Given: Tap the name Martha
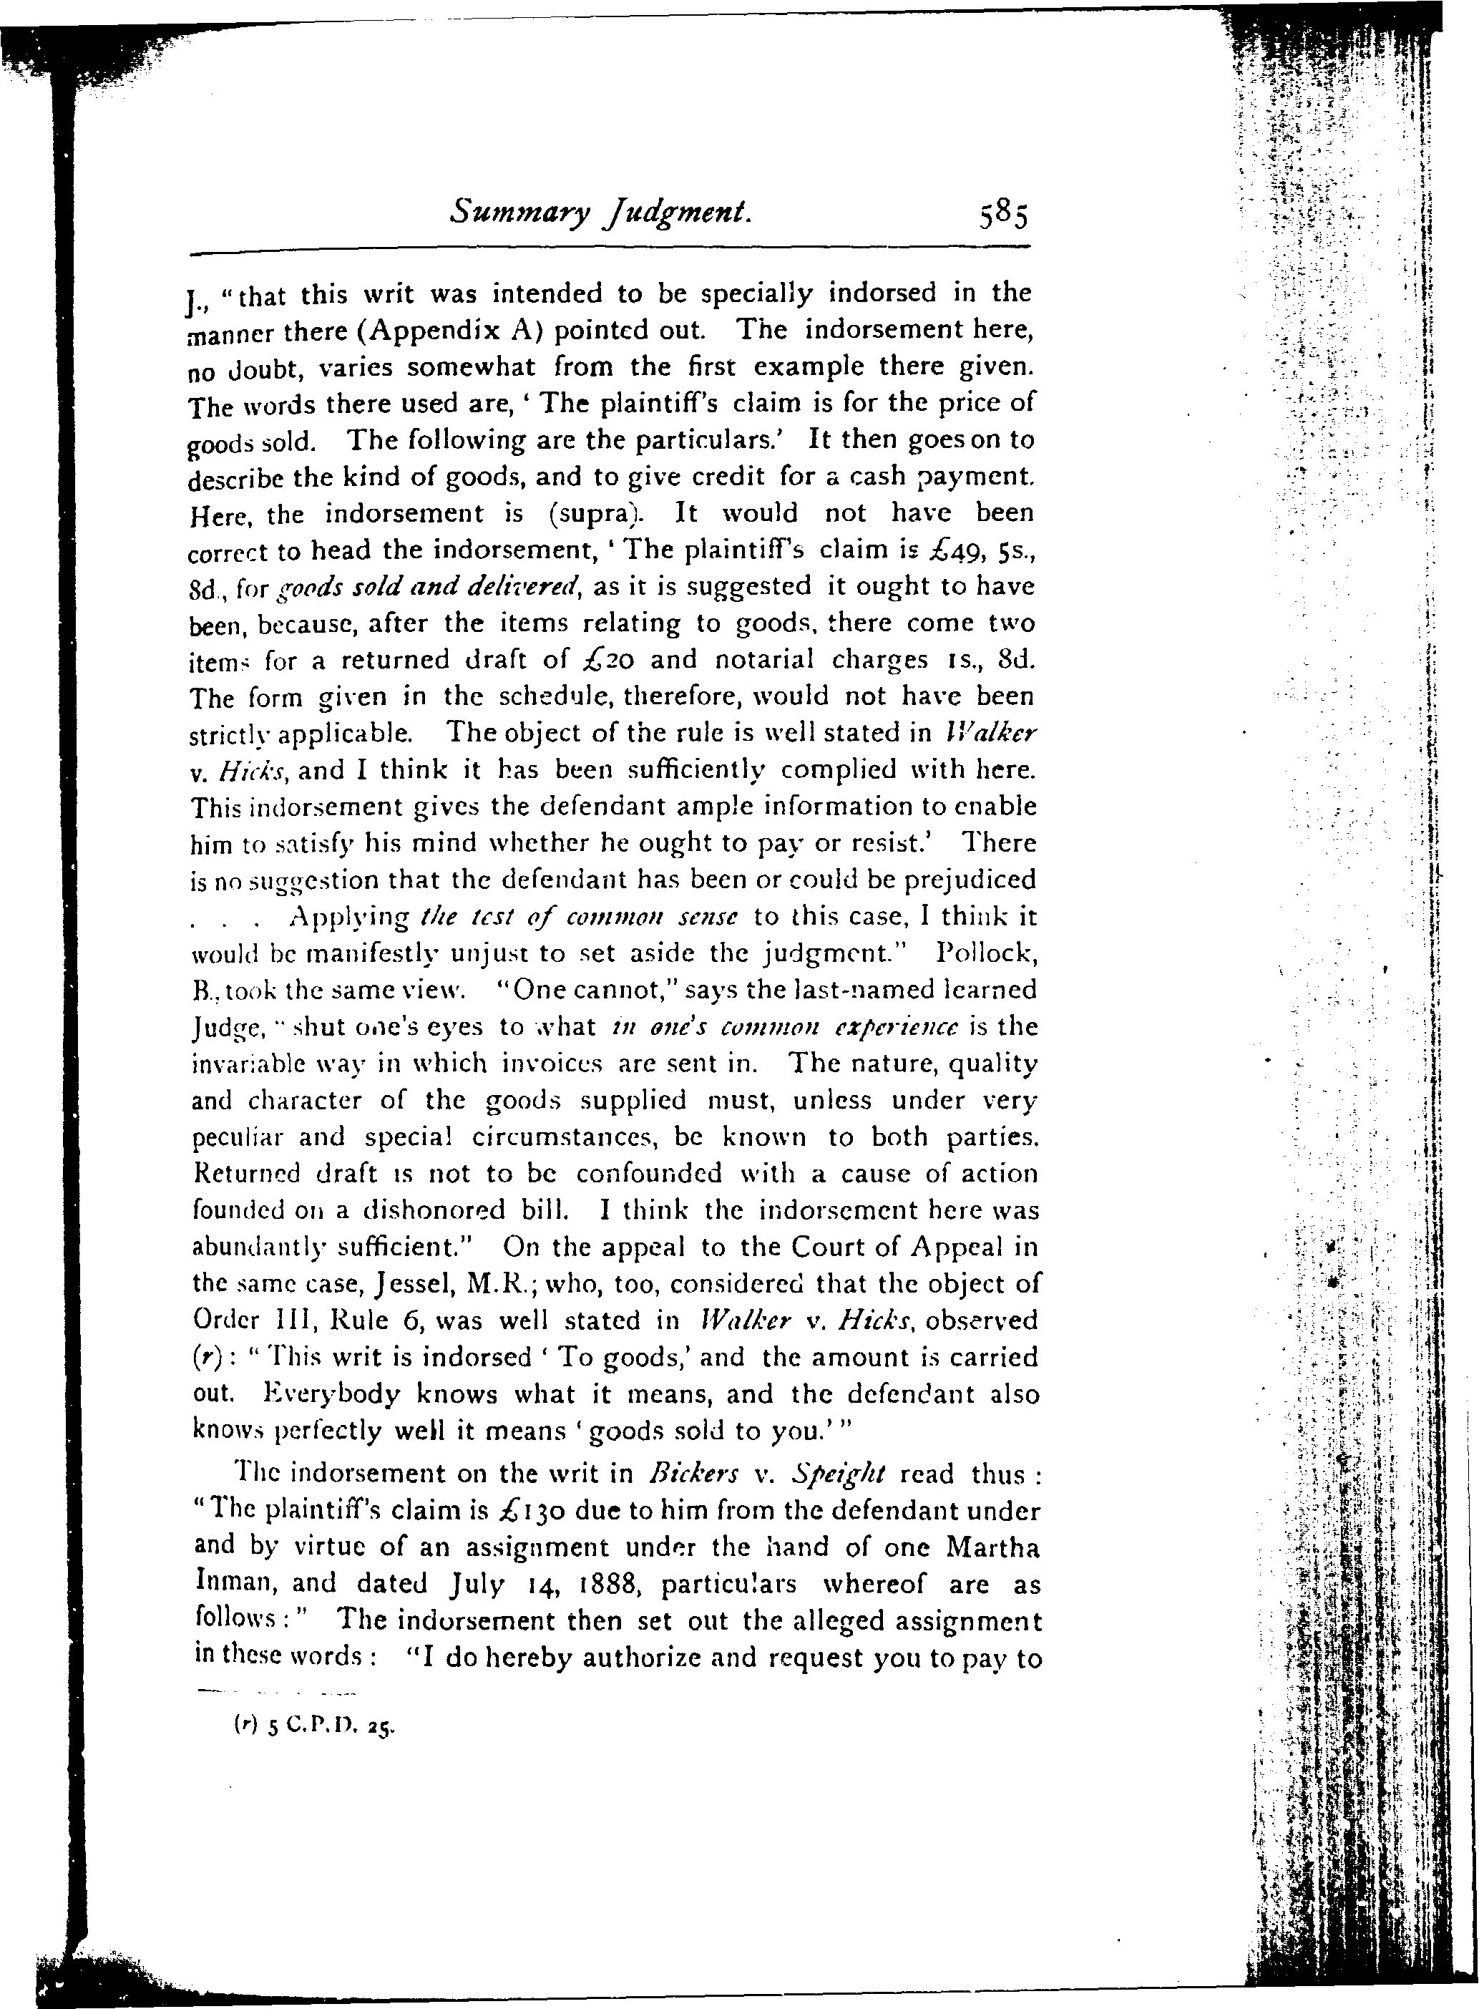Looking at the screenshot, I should click(993, 1548).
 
